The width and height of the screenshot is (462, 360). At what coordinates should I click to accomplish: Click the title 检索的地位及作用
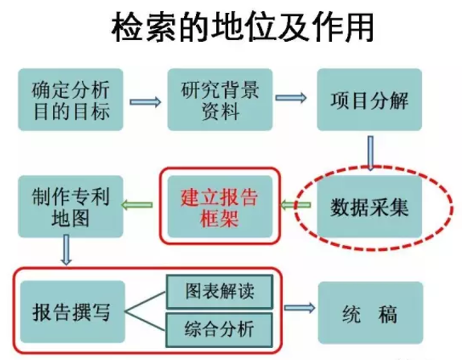coord(243,27)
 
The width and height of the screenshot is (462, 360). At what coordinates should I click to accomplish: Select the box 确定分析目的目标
coord(71,100)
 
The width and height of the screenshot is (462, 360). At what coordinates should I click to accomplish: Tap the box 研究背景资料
coord(220,100)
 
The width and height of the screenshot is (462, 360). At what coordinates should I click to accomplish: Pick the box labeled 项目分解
coord(370,100)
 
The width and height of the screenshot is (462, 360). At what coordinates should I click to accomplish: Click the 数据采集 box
coord(370,207)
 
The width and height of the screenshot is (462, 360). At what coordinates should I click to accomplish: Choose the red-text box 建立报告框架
coord(220,207)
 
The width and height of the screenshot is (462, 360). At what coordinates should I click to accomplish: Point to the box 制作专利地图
coord(71,207)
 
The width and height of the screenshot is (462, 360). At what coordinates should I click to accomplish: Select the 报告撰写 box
coord(72,312)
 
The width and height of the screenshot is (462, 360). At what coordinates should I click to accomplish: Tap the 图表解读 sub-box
coord(220,292)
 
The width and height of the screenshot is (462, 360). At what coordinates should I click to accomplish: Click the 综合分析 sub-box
coord(220,329)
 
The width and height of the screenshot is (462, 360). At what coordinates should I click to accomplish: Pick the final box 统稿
coord(370,313)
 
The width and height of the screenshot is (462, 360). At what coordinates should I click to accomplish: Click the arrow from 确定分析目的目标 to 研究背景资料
coord(145,102)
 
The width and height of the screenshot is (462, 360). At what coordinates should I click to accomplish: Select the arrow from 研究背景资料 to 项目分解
coord(291,97)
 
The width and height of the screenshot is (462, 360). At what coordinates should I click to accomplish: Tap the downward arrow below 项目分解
coord(370,153)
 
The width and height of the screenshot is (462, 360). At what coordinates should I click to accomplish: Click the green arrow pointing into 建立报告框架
coord(296,205)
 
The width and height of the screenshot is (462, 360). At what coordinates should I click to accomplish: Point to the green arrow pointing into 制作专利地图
coord(137,205)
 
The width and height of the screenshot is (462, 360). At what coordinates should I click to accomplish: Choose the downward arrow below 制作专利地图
coord(67,250)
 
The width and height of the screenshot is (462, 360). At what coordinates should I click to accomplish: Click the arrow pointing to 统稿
coord(300,308)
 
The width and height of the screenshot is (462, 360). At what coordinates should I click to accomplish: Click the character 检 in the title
coord(127,27)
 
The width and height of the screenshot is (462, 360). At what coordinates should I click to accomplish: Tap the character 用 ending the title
coord(359,27)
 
